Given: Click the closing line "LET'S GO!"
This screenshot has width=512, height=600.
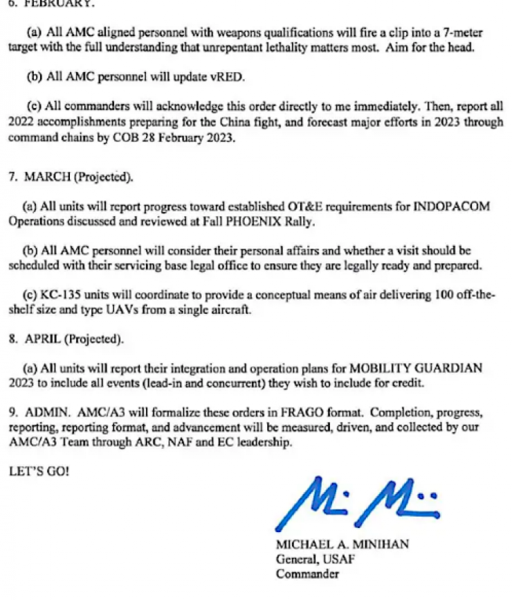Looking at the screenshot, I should click(39, 471).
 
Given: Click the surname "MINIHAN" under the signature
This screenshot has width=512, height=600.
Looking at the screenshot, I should click(378, 545).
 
